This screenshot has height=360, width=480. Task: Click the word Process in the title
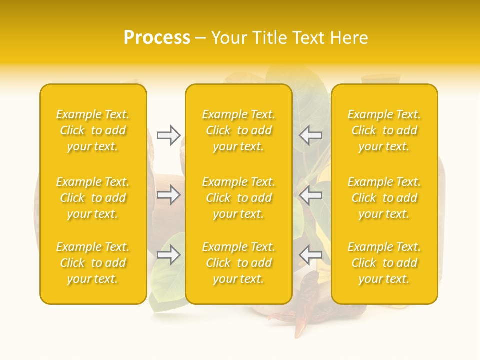(157, 38)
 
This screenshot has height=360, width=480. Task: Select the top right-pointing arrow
(168, 135)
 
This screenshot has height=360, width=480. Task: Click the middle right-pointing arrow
(168, 195)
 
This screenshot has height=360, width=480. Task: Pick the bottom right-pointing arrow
(168, 255)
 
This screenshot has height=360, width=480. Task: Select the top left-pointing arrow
(310, 135)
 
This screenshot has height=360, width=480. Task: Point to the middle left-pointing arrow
(310, 195)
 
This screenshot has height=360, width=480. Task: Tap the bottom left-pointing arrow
(310, 255)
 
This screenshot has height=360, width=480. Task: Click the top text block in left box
(93, 130)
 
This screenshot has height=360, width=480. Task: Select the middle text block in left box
(93, 198)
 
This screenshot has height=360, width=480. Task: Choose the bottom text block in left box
(93, 263)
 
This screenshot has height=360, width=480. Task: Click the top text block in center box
(238, 130)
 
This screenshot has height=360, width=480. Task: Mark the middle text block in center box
(238, 198)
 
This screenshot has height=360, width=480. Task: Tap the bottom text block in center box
(238, 263)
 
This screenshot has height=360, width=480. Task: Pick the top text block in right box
(384, 130)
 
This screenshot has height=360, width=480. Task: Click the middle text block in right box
(384, 198)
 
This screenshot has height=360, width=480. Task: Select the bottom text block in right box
(384, 263)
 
